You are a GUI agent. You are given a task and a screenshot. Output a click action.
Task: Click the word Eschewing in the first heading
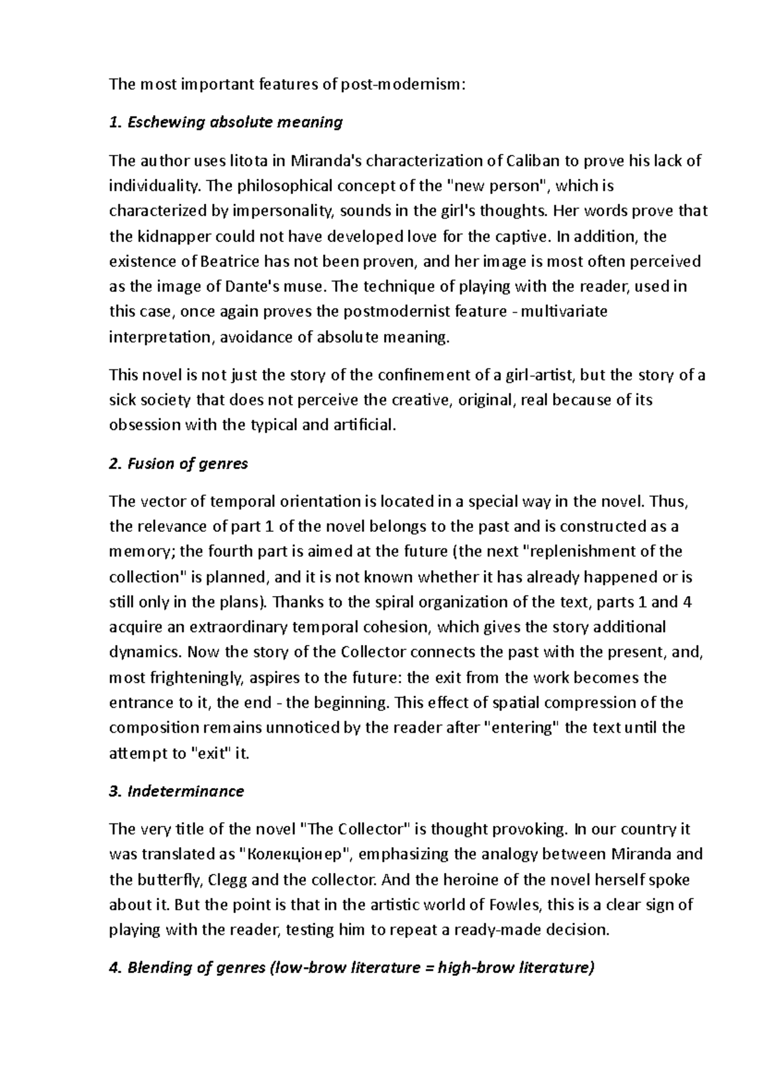click(166, 122)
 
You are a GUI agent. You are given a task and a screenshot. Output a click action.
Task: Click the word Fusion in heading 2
click(150, 463)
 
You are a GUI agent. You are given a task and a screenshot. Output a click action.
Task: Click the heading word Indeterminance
click(186, 791)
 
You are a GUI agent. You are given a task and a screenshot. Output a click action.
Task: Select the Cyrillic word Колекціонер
click(298, 854)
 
